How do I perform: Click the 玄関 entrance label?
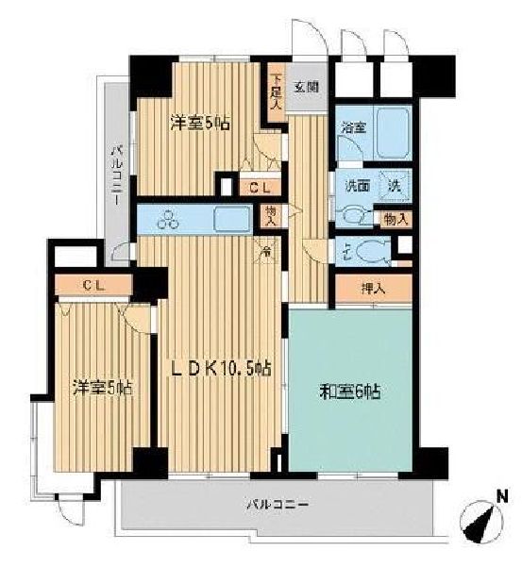coord(305,87)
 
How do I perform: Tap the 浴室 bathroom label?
coord(353,127)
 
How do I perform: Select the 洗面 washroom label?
coord(356,184)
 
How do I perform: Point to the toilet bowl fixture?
coord(372,251)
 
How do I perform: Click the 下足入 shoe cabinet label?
coord(276,92)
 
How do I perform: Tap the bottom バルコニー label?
coord(280,504)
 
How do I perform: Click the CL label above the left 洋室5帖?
coord(93,283)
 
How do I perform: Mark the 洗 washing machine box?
coord(397,185)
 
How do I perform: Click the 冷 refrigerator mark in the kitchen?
coord(267,250)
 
